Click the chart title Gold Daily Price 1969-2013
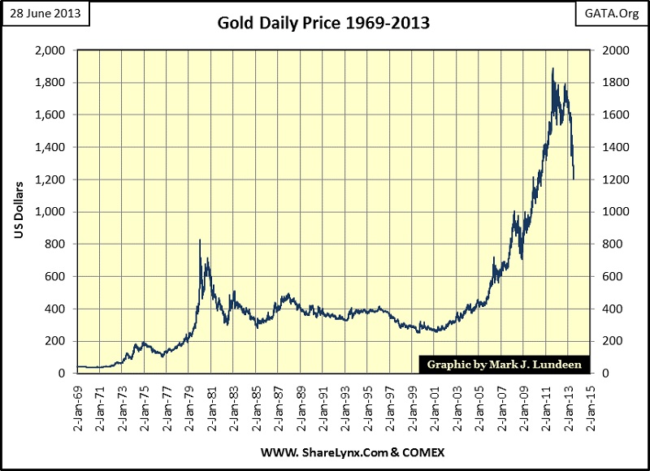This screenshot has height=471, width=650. click(x=323, y=23)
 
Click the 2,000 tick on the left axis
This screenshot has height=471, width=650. click(x=54, y=50)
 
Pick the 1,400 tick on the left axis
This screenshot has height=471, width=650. click(x=54, y=147)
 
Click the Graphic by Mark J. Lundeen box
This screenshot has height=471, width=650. click(x=504, y=365)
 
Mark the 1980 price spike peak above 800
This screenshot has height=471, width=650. click(x=200, y=240)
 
